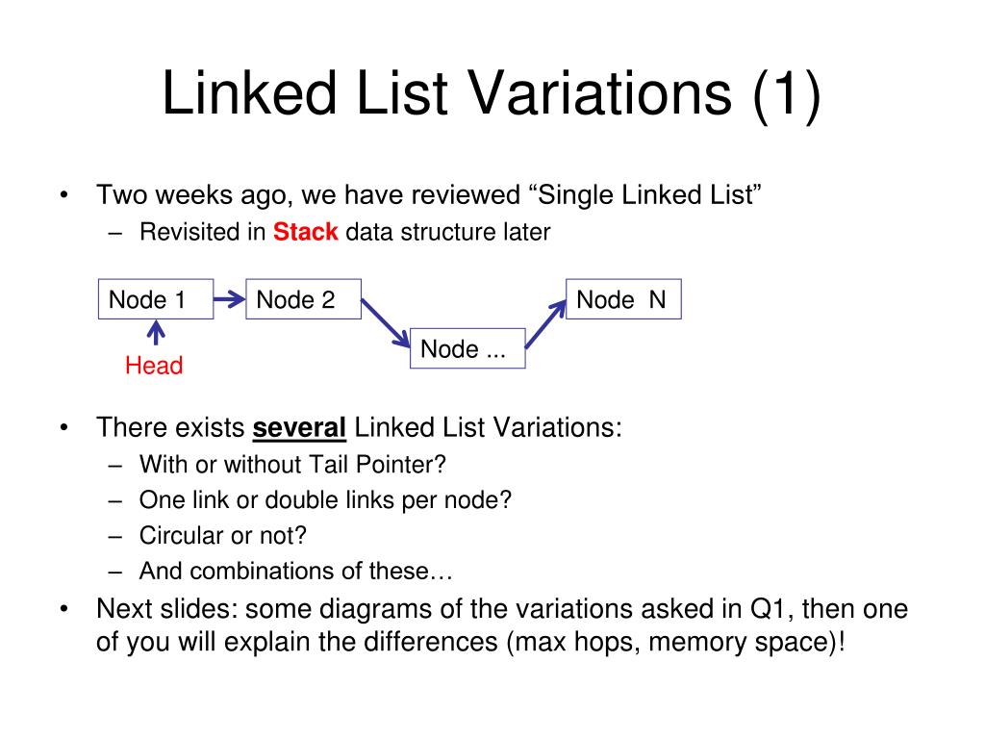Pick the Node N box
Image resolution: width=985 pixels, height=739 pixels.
pos(623,299)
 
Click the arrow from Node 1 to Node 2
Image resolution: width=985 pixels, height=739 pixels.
pos(229,299)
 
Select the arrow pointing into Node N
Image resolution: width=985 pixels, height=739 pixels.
pos(545,324)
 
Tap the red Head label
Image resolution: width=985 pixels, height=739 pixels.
pos(154,366)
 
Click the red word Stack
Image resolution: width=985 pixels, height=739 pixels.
pos(306,232)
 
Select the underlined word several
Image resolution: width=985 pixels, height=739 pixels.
pos(299,427)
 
